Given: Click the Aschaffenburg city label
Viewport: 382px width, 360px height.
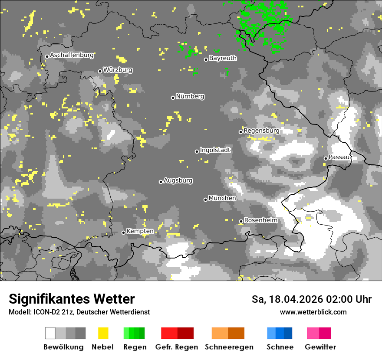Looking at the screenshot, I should click(x=72, y=55).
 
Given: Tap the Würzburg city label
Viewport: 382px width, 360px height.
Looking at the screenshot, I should click(x=118, y=70).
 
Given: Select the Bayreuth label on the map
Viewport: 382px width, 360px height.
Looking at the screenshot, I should click(x=223, y=58).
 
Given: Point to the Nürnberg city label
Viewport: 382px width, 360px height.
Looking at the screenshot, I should click(x=190, y=96).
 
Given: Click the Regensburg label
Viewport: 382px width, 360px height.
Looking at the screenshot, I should click(x=261, y=131).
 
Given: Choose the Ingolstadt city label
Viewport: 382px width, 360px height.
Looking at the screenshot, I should click(x=215, y=150).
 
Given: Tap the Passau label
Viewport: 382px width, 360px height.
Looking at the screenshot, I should click(x=339, y=157).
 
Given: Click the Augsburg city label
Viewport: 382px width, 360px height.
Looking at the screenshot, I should click(x=178, y=180).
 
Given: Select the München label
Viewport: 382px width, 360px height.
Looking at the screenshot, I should click(x=222, y=198).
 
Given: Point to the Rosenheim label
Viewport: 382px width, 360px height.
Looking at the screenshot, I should click(x=260, y=220).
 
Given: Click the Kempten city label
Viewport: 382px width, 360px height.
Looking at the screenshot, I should click(x=140, y=231).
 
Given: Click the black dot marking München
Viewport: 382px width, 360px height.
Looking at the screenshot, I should click(x=206, y=200).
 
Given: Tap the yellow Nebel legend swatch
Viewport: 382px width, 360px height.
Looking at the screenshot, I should click(x=103, y=333).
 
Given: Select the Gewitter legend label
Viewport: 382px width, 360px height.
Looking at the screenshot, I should click(x=320, y=347).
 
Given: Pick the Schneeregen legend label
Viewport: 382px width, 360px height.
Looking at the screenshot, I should click(x=229, y=347).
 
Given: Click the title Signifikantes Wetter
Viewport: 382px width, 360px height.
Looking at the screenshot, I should click(x=72, y=299).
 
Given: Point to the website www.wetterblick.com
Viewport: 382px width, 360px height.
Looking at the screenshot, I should click(x=313, y=312).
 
